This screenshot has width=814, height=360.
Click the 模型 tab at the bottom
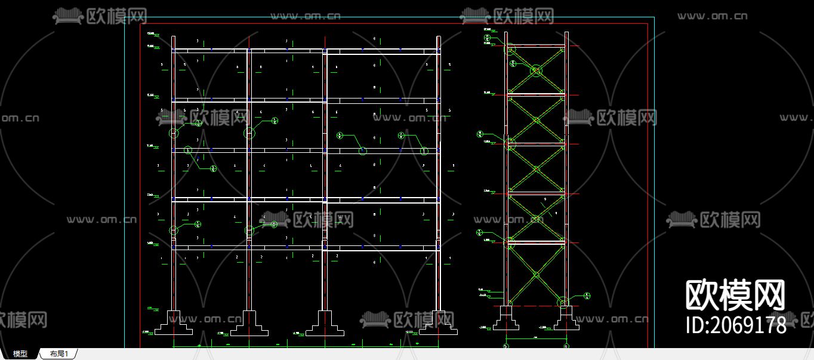click(20, 354)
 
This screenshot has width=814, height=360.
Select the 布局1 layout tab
click(59, 354)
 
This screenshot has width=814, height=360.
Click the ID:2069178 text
click(735, 325)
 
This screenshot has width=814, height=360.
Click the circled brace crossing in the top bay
click(536, 71)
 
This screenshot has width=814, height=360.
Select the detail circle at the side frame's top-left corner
click(510, 50)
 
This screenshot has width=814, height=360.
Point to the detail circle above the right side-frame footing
click(562, 302)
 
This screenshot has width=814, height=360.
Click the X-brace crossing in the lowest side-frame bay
click(536, 275)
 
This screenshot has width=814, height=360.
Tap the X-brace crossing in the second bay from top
click(536, 120)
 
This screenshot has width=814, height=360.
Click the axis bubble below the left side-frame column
click(506, 346)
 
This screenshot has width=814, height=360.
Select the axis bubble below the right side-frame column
click(566, 346)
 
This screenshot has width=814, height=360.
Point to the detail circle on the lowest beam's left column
click(174, 230)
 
